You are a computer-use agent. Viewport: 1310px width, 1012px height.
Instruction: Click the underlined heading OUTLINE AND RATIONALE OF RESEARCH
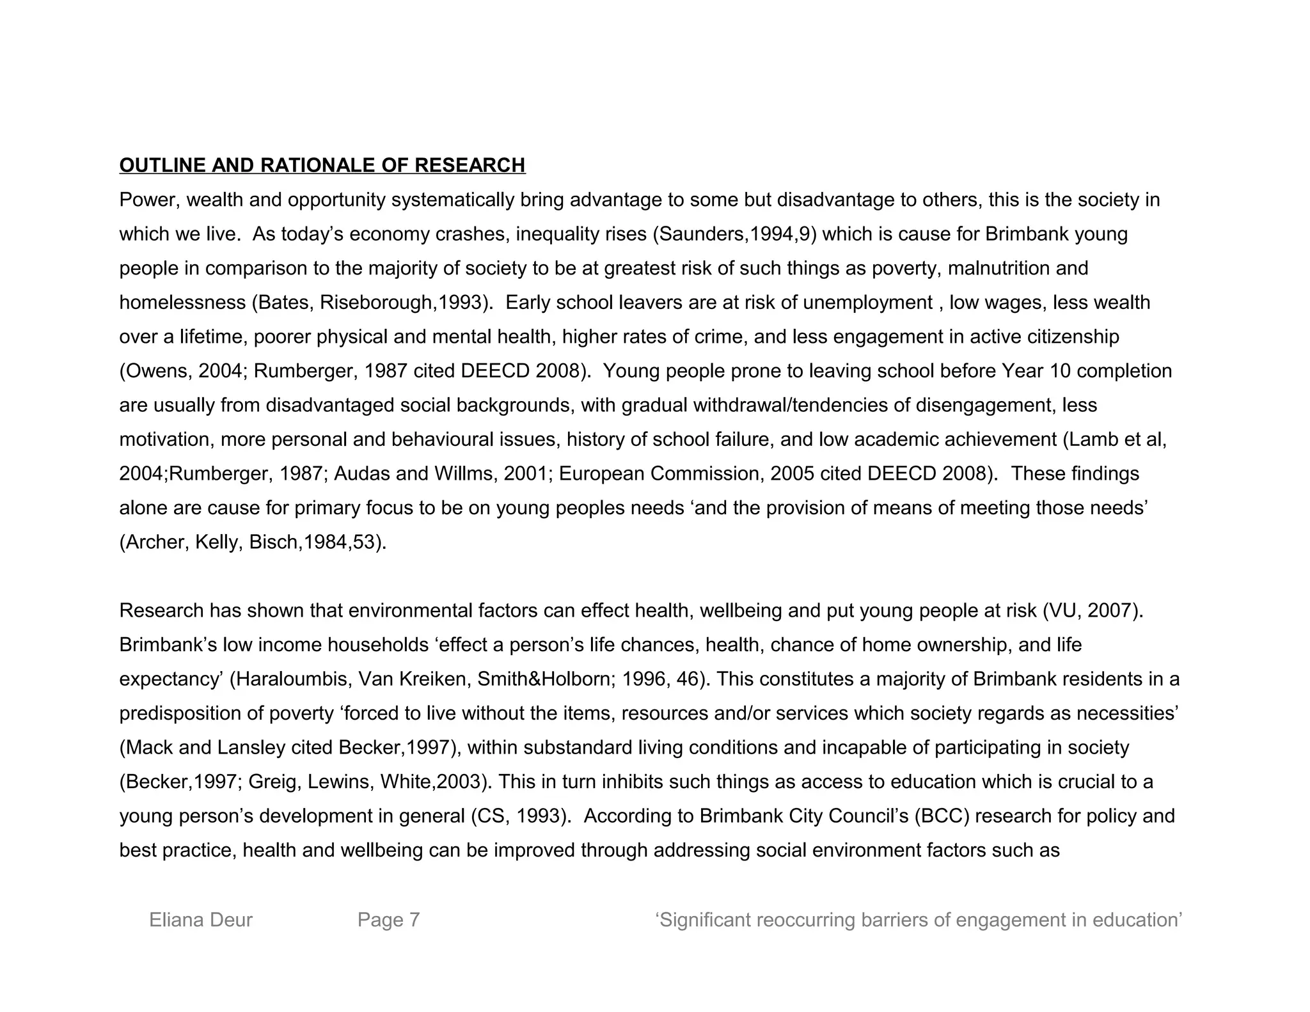322,166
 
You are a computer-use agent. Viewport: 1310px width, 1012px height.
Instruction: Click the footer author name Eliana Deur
201,920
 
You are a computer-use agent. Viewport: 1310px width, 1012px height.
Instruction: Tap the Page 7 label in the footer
388,920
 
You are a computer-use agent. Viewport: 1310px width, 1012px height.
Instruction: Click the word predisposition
168,713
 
